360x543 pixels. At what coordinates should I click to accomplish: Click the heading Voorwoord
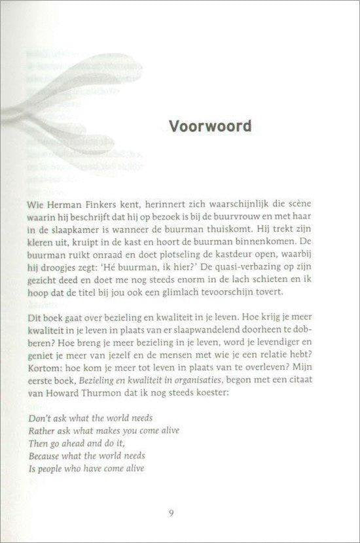[x=191, y=126]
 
